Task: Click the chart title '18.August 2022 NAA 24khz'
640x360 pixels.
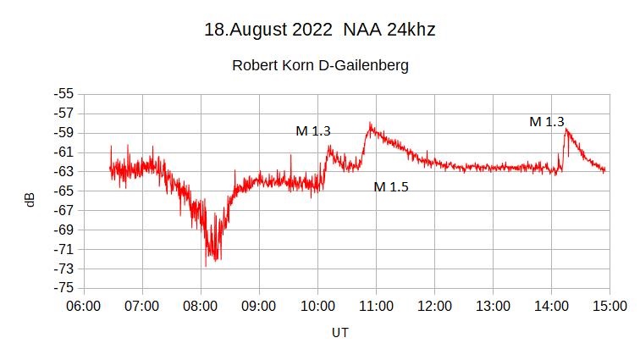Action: click(319, 30)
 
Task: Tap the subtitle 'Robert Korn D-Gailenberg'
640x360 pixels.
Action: click(320, 65)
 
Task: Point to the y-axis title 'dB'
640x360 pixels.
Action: click(30, 201)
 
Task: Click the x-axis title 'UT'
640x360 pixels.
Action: click(339, 333)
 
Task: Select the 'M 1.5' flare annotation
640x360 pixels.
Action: click(391, 186)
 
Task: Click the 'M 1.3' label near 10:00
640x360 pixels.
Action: click(313, 131)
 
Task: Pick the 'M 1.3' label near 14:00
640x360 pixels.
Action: click(547, 122)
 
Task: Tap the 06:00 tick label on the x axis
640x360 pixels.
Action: click(83, 305)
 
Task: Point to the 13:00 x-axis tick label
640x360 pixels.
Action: click(493, 305)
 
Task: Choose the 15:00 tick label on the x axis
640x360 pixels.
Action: click(610, 305)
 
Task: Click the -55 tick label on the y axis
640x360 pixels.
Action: click(63, 94)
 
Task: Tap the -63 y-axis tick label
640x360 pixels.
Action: click(63, 171)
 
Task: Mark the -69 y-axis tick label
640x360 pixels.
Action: click(63, 230)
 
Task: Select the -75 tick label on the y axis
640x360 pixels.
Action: click(63, 288)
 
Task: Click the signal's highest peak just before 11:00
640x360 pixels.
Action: click(370, 124)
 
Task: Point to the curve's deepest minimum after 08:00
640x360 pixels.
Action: click(206, 265)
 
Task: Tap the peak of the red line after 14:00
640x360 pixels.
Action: click(566, 130)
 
